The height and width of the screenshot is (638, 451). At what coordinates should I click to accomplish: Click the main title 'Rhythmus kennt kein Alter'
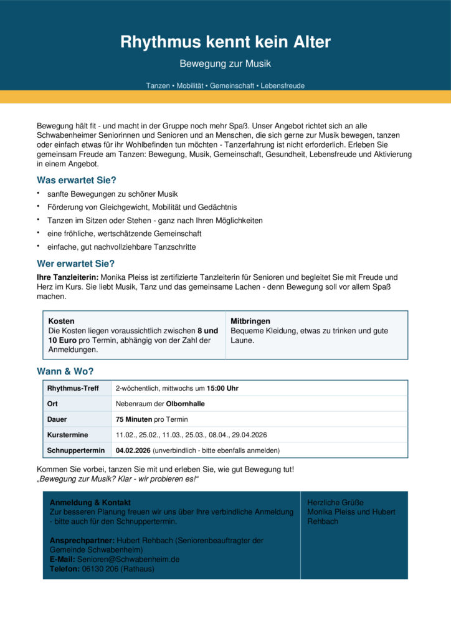point(225,42)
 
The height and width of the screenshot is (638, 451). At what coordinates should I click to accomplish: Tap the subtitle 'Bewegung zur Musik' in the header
point(225,64)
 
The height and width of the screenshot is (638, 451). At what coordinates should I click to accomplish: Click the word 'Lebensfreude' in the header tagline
point(283,85)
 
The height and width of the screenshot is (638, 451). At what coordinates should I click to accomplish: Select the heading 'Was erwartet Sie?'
point(77,180)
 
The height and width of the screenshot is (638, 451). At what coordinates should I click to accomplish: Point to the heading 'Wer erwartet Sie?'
point(76,263)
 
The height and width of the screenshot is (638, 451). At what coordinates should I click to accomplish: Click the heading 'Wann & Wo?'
point(65,371)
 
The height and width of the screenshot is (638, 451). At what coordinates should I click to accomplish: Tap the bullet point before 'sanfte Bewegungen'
point(39,194)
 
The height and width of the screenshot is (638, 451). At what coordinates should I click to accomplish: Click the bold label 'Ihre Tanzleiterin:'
point(68,277)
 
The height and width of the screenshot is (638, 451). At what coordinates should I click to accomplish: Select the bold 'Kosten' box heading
point(61,321)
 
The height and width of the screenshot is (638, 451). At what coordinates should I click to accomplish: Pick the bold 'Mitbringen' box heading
point(250,321)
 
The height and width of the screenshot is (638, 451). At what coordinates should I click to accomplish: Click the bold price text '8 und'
point(207,331)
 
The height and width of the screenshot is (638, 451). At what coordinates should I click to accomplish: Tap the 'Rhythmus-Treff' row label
point(73,388)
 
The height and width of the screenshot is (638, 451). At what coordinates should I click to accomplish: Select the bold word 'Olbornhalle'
point(186,404)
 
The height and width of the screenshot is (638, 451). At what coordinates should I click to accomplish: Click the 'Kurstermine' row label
point(68,434)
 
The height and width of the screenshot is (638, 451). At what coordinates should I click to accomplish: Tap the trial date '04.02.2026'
point(133,450)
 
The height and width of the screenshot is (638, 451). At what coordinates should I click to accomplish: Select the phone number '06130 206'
point(100,569)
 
